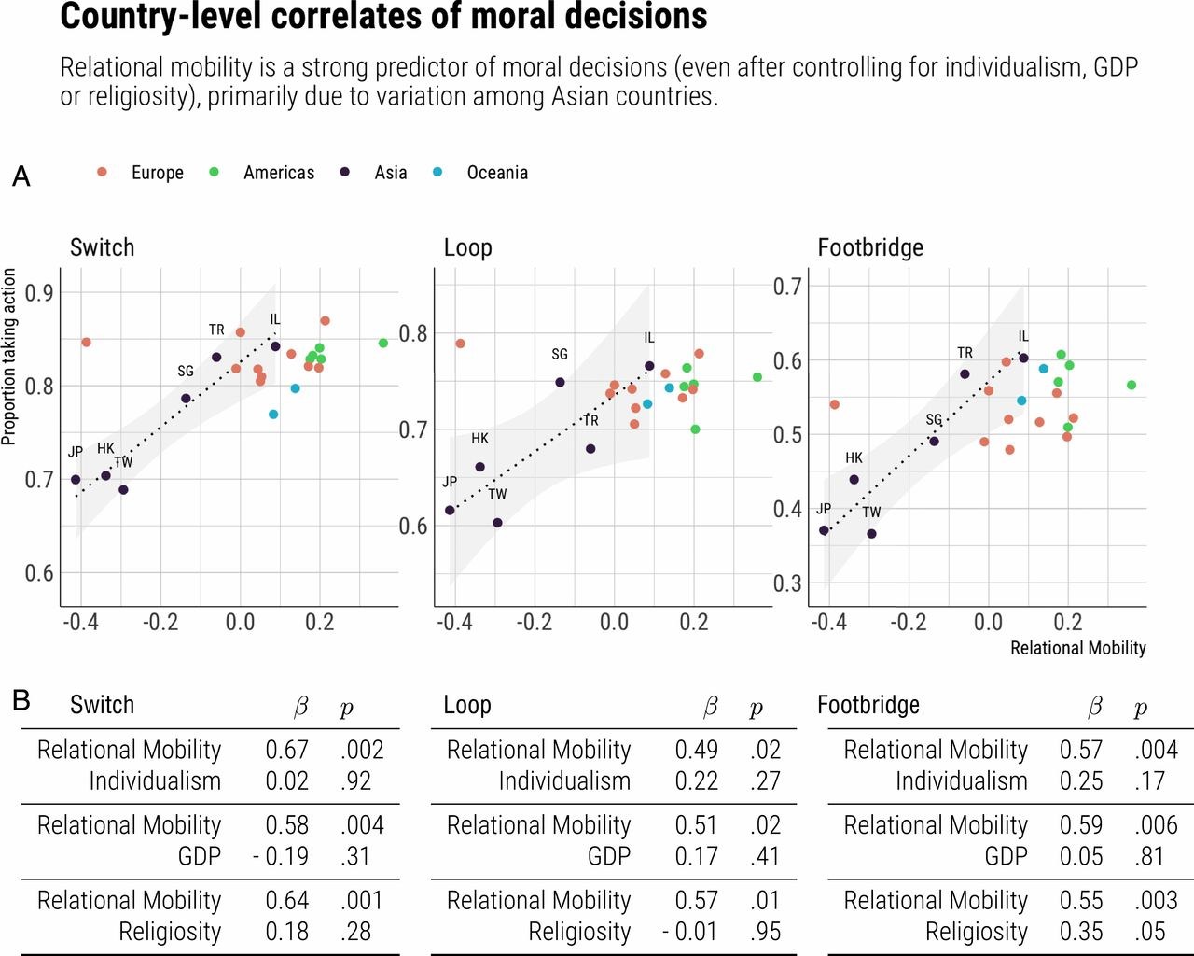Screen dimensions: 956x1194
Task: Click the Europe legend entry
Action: [x=157, y=173]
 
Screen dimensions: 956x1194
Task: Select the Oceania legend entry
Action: [x=496, y=173]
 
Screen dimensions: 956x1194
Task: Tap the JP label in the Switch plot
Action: [x=76, y=452]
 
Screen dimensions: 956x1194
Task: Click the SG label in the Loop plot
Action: [x=560, y=355]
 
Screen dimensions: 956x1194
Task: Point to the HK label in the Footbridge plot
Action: [x=854, y=458]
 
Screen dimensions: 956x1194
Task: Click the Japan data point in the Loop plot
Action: [x=450, y=511]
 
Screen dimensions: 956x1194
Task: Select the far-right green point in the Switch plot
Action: [x=383, y=344]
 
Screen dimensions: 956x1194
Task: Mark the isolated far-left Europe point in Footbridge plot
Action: [x=834, y=405]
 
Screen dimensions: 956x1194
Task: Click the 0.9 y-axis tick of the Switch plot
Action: [x=39, y=293]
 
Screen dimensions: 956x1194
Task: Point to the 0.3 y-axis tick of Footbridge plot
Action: [x=787, y=583]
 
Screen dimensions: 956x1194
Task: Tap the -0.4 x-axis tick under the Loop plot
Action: [x=454, y=622]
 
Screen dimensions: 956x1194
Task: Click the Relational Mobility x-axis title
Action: [x=1077, y=648]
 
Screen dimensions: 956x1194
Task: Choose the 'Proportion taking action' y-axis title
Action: [x=9, y=357]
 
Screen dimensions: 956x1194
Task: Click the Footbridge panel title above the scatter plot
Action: [x=870, y=247]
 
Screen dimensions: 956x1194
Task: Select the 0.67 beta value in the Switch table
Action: [x=286, y=750]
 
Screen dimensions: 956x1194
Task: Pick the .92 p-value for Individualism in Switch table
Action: [x=355, y=781]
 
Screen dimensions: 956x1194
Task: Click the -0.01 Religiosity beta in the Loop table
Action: [x=690, y=932]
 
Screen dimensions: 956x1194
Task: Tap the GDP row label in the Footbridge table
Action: [x=1006, y=856]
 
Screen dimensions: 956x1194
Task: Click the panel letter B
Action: [x=21, y=699]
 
